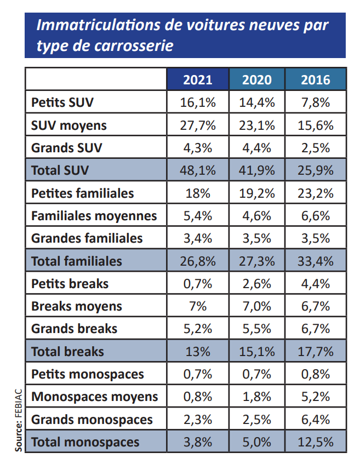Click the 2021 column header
click(x=198, y=80)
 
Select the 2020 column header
click(x=257, y=80)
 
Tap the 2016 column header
click(x=316, y=80)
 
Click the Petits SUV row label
click(x=62, y=102)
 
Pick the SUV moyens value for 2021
click(x=198, y=125)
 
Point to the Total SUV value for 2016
click(x=316, y=170)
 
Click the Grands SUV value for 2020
click(x=257, y=148)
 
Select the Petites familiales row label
click(x=82, y=193)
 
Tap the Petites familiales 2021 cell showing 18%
click(x=198, y=193)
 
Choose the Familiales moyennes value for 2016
click(x=316, y=216)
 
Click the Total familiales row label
click(x=76, y=261)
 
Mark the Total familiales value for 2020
click(x=257, y=261)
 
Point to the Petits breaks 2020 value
click(x=257, y=284)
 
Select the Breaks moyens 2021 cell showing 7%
click(x=198, y=306)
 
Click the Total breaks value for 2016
click(x=316, y=351)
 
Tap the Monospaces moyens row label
click(x=94, y=397)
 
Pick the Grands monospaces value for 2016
click(x=316, y=420)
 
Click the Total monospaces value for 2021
click(x=198, y=442)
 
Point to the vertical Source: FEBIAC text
click(x=19, y=420)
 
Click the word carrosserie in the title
click(x=134, y=45)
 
